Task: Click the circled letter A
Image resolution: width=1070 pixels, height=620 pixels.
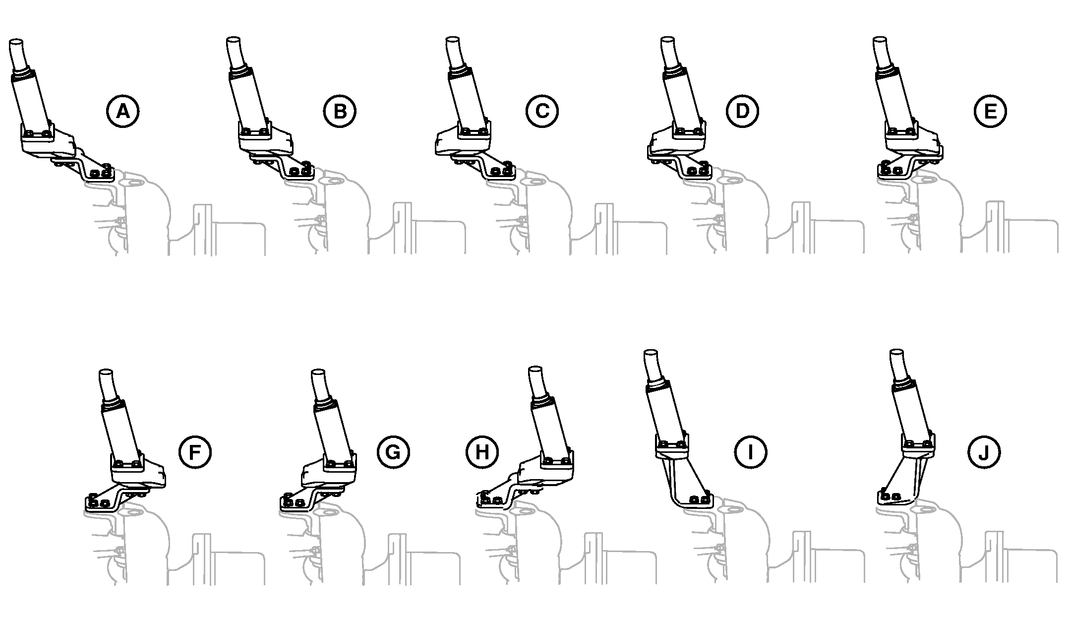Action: point(122,111)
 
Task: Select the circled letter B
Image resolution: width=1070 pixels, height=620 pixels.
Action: point(340,111)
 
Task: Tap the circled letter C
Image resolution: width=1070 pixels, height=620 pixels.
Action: point(542,111)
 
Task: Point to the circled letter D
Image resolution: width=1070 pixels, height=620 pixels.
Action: point(742,111)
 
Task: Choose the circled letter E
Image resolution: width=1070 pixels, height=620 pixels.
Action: point(990,111)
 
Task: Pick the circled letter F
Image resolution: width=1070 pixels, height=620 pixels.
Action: point(195,452)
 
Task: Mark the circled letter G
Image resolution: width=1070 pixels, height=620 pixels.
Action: point(393,452)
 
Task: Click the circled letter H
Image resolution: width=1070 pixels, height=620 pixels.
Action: point(482,452)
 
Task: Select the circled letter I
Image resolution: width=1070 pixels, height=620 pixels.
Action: point(750,452)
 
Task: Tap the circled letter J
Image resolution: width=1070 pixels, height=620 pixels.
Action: point(984,452)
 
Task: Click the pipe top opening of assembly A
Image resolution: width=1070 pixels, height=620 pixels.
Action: point(16,43)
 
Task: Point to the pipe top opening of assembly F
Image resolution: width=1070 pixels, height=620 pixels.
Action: point(106,372)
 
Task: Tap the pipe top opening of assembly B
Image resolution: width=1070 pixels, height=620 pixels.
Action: point(233,41)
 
